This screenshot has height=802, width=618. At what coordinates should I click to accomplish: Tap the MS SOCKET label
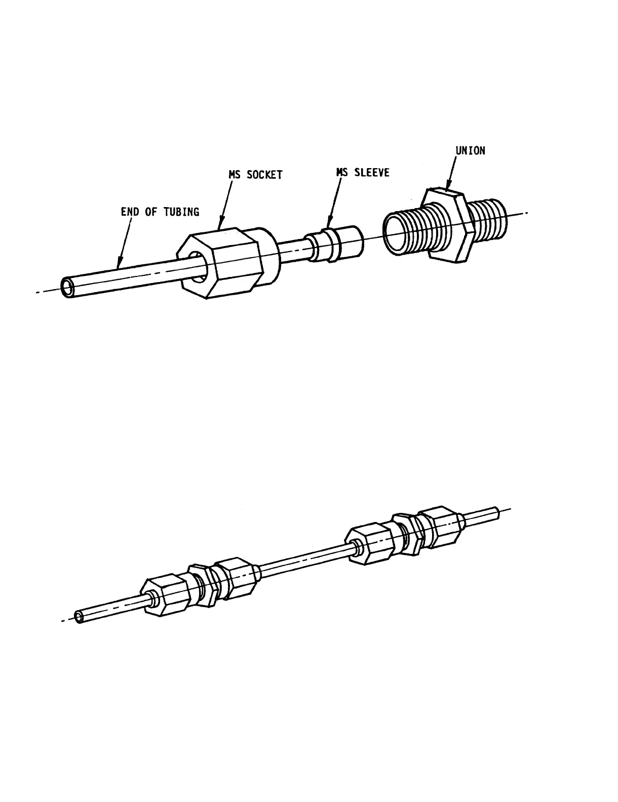255,175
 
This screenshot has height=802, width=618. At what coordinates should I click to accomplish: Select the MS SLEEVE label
363,172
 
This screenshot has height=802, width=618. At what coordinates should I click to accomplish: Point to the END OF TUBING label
160,212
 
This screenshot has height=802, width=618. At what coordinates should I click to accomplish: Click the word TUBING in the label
181,212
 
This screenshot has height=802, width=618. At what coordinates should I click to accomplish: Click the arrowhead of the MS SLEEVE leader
329,225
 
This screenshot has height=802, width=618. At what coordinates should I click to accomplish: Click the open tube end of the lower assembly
80,617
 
